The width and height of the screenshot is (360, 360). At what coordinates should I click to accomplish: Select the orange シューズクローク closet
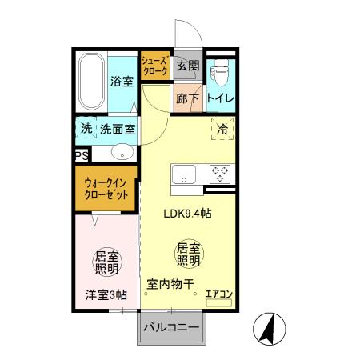pos(154,66)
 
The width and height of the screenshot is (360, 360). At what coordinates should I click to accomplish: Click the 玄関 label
pos(188,66)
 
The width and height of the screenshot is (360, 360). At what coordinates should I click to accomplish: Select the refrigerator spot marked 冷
pos(221,128)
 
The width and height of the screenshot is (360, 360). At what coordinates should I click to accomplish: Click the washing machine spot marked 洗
pos(86,128)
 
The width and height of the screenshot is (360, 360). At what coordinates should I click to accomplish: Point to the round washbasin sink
pos(122,153)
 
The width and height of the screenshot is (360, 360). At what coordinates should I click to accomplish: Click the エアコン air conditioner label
pos(218,294)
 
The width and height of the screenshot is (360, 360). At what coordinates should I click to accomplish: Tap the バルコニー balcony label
pos(171,327)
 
